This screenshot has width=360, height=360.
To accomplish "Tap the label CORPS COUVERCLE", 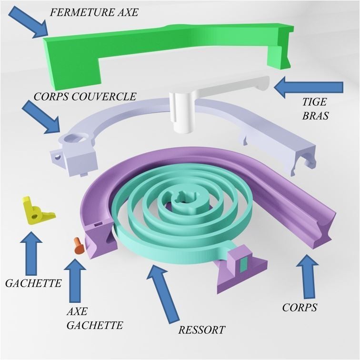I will (85, 96).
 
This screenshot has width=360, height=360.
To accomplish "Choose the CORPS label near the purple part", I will (300, 307).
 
